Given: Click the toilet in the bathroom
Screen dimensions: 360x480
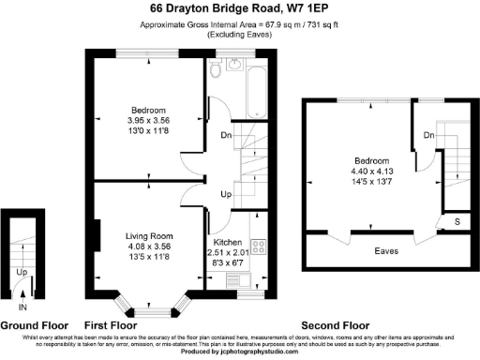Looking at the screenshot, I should pos(217,72).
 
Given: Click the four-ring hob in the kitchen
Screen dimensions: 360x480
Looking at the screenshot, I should pos(258,248).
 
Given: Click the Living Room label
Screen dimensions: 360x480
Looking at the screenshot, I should pos(150,235).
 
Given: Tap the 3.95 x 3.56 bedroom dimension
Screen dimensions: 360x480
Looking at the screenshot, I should pos(150,120).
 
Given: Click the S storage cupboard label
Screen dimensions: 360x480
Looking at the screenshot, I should pos(457,221).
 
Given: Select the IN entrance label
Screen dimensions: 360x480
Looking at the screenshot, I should pos(21,307).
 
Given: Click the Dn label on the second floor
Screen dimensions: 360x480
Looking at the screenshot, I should pos(428,136).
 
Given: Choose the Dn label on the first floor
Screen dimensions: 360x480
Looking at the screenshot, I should pos(225,135).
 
